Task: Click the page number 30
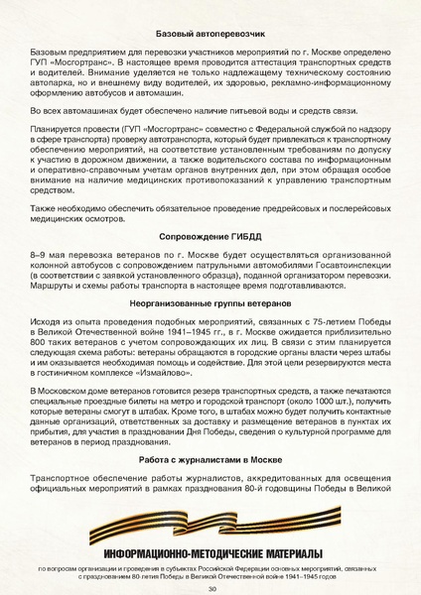click(211, 588)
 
